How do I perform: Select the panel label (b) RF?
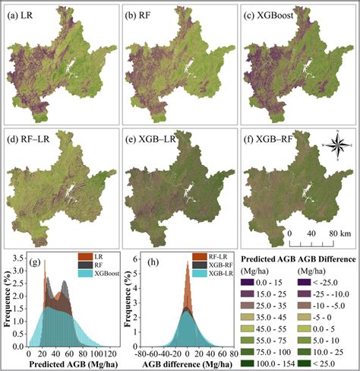point(139,14)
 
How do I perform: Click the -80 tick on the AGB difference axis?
point(136,354)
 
